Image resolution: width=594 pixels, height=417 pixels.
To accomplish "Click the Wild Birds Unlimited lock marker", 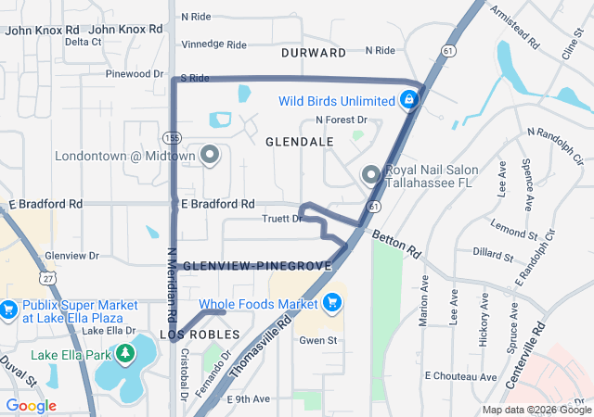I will [408, 100].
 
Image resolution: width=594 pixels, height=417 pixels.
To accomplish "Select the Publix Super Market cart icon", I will [9, 310].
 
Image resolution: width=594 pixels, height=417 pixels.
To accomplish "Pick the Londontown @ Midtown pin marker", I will [209, 155].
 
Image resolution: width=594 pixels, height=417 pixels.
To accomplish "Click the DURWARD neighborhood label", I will [313, 53].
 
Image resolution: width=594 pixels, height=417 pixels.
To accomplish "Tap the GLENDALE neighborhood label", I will [299, 142].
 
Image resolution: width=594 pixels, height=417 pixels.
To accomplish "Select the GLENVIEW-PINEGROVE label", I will [257, 266].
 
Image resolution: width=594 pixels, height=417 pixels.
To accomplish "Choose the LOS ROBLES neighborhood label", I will [200, 334].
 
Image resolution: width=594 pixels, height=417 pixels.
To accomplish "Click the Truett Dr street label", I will [283, 219].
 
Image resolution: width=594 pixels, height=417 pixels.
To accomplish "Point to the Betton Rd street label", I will [397, 244].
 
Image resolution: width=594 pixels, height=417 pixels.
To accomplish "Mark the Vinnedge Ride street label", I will [213, 44].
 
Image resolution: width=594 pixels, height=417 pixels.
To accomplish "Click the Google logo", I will [31, 406].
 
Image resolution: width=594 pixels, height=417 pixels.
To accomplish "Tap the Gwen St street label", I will [316, 340].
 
